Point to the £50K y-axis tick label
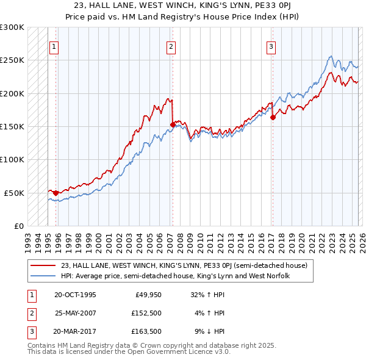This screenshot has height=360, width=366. tap(14, 193)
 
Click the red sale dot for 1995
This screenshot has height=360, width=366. tap(56, 193)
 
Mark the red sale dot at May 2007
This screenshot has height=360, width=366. tap(173, 125)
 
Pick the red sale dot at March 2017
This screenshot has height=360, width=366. tap(272, 118)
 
